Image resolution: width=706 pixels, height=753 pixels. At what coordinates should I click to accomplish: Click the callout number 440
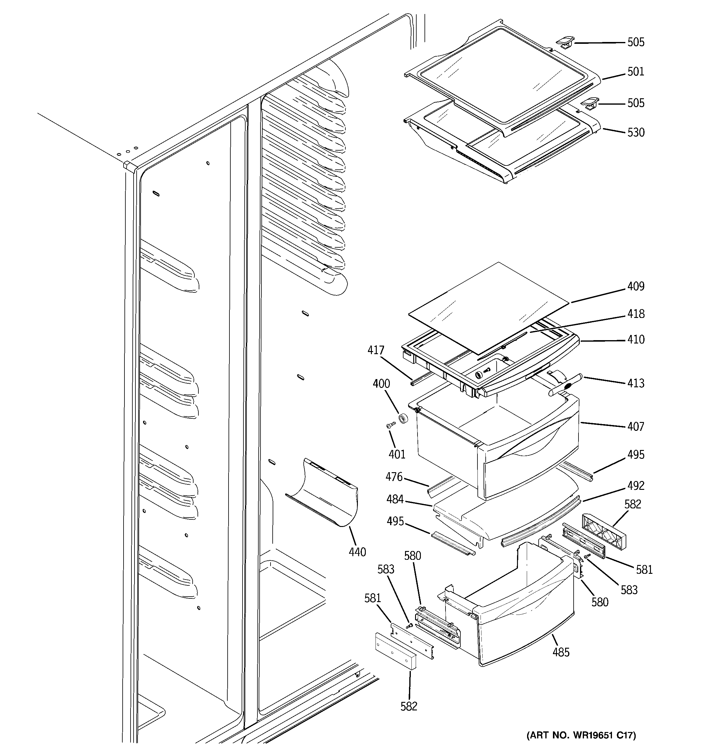click(357, 552)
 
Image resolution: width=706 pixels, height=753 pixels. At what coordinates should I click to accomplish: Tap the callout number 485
click(561, 652)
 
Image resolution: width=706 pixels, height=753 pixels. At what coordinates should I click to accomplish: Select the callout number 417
click(376, 350)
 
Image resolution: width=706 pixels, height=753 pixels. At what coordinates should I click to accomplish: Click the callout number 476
click(394, 477)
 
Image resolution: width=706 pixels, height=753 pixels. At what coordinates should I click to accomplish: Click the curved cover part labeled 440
click(326, 492)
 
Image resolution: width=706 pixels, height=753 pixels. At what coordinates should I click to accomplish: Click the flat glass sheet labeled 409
click(489, 307)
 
